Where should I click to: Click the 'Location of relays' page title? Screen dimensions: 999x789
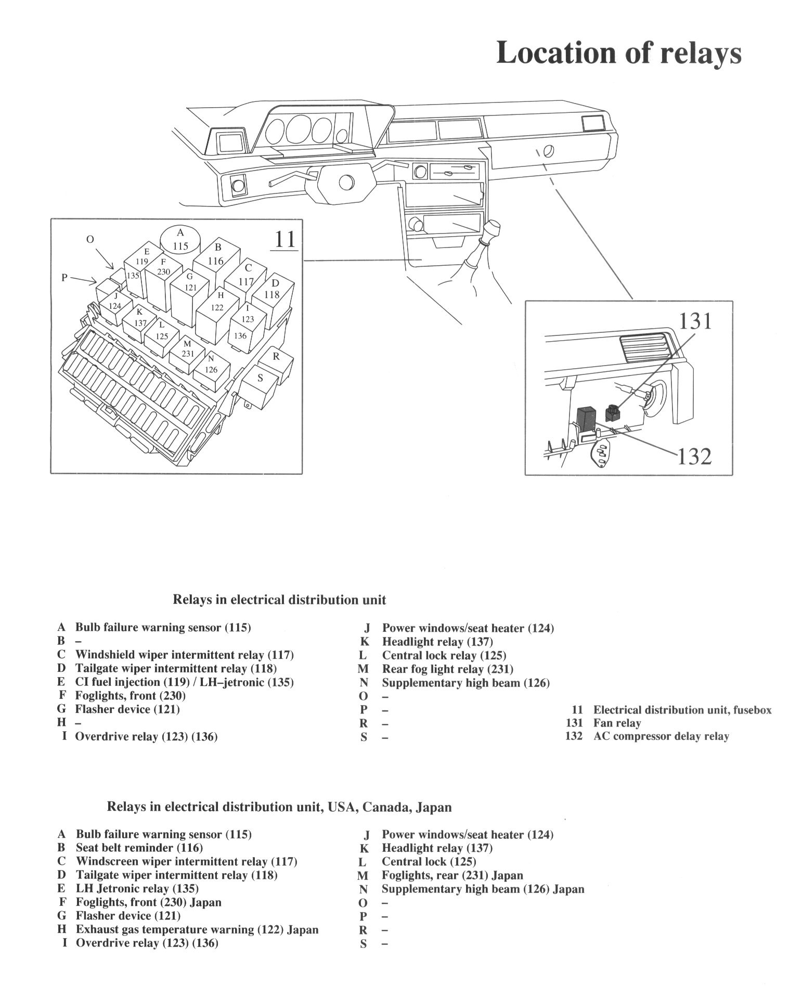click(618, 54)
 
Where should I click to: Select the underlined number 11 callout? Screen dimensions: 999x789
click(284, 239)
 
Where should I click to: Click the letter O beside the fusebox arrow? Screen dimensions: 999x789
click(90, 239)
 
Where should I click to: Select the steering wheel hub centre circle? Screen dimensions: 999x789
click(345, 183)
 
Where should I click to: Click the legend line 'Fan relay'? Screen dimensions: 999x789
click(617, 723)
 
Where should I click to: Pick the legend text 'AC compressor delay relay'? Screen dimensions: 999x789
click(661, 736)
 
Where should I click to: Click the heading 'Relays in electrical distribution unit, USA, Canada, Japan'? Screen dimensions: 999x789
click(279, 807)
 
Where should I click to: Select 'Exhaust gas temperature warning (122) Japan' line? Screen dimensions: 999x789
click(197, 929)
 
